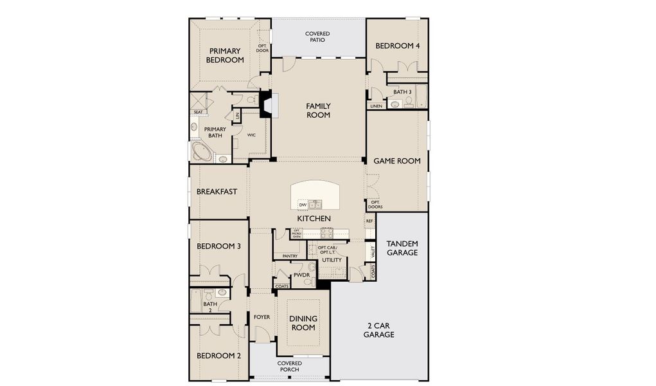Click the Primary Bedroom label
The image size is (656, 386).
click(225, 55)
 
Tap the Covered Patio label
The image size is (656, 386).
click(317, 37)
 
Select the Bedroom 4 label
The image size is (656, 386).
click(398, 46)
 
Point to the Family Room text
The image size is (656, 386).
click(318, 110)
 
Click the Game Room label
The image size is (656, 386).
click(397, 161)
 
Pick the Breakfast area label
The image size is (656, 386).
click(217, 191)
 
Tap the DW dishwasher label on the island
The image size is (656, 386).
click(302, 205)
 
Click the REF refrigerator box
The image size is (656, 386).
click(369, 221)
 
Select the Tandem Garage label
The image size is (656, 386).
click(402, 248)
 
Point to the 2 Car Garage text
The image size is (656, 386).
click(379, 329)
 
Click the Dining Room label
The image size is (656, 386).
click(303, 323)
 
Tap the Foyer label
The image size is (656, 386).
click(262, 317)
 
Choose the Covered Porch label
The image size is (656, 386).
click(290, 366)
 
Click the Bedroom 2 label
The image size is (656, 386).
click(218, 356)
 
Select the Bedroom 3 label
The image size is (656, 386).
click(218, 246)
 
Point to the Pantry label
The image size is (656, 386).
click(289, 255)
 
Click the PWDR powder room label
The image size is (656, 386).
click(301, 275)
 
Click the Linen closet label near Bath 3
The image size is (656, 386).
click(376, 106)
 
